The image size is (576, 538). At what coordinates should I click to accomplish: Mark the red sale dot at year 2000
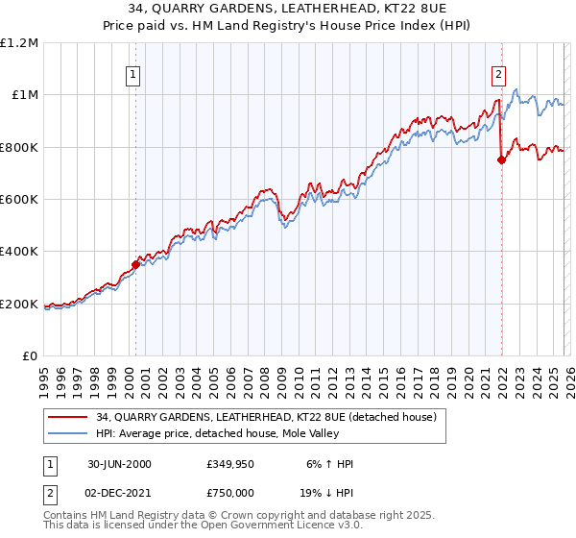point(135,265)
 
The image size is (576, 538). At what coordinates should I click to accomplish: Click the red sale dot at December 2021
point(501,160)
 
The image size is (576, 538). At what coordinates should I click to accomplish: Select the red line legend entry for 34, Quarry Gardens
point(266,417)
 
